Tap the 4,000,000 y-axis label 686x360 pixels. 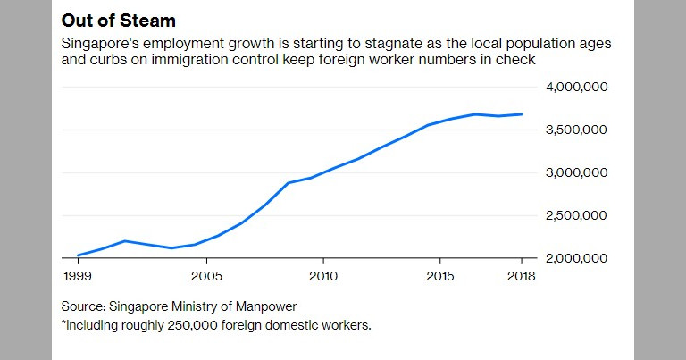point(576,87)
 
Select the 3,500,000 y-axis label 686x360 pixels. point(576,130)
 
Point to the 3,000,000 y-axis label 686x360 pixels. point(576,172)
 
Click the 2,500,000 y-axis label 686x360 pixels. point(576,215)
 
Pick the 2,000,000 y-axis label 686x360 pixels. point(576,258)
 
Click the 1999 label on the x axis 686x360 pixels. point(78,275)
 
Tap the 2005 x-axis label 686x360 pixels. point(207,275)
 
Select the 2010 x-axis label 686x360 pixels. point(323,275)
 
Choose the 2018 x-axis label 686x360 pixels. point(520,275)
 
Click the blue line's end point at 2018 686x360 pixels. point(522,114)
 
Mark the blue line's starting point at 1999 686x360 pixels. point(78,255)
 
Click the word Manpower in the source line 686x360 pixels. point(266,306)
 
